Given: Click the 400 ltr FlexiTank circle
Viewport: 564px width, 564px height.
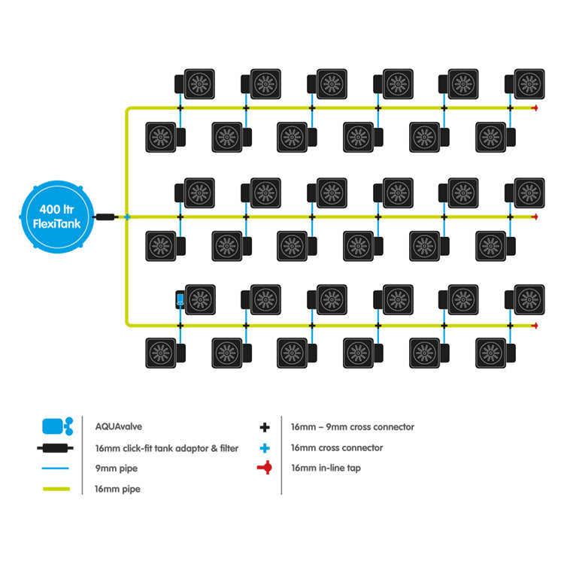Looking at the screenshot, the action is point(57,217).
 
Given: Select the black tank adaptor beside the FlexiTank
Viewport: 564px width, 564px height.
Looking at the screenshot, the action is point(105,217).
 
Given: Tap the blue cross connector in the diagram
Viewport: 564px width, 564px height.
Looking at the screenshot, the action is point(127,217).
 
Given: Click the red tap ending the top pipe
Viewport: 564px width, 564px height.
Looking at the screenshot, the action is point(535,108).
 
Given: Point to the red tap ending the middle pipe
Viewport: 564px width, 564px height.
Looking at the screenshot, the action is point(535,217).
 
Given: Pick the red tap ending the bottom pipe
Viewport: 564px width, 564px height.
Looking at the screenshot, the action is point(535,326).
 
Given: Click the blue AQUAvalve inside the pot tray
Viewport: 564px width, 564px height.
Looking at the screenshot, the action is point(180,299).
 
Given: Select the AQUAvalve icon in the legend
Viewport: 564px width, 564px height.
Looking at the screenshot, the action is point(58,426).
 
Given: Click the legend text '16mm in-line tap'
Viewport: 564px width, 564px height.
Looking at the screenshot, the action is point(326,468).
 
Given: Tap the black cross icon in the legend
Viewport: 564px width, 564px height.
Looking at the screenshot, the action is point(265,427).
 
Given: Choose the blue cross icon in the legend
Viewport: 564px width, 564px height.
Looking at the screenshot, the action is point(265,448).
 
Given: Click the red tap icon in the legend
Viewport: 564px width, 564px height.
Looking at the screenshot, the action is point(265,468).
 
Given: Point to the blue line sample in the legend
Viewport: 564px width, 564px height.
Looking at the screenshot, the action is point(56,468).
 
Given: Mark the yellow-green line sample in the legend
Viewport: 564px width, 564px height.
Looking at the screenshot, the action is point(56,489).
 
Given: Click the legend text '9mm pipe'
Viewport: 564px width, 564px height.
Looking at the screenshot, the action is point(116,468).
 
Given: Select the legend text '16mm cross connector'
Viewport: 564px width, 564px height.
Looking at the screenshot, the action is point(337,448).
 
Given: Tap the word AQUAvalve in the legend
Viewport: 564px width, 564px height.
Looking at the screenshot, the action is point(118,426).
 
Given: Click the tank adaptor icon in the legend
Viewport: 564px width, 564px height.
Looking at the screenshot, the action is point(56,448).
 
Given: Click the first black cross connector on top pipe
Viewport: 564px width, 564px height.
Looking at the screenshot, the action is point(180,108).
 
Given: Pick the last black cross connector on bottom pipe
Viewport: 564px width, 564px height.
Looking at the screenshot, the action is point(510,326).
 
